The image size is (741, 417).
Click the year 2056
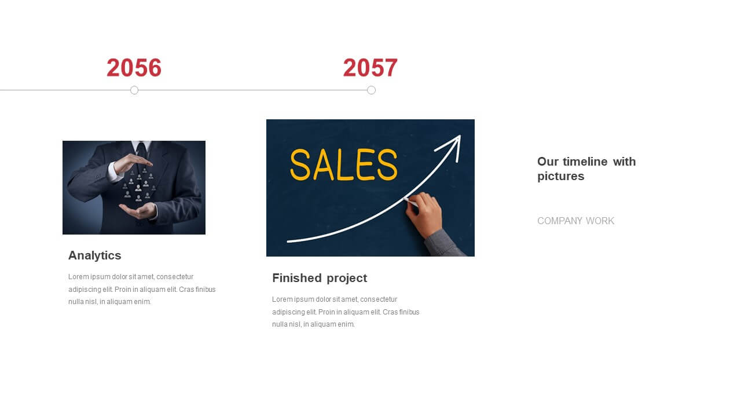pyautogui.click(x=134, y=68)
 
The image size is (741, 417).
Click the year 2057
pyautogui.click(x=370, y=68)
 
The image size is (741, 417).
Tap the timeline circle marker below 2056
pyautogui.click(x=134, y=90)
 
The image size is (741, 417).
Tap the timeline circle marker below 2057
pyautogui.click(x=371, y=90)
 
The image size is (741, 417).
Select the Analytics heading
pyautogui.click(x=94, y=255)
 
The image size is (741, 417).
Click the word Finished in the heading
pyautogui.click(x=297, y=277)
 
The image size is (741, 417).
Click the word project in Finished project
pyautogui.click(x=347, y=279)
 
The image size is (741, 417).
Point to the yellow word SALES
pyautogui.click(x=343, y=165)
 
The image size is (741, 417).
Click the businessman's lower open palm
pyautogui.click(x=138, y=211)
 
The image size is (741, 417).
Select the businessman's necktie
pyautogui.click(x=142, y=155)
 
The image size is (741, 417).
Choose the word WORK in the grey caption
pyautogui.click(x=600, y=221)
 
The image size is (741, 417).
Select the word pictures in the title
pyautogui.click(x=561, y=177)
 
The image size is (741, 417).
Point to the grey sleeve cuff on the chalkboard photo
pyautogui.click(x=443, y=243)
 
